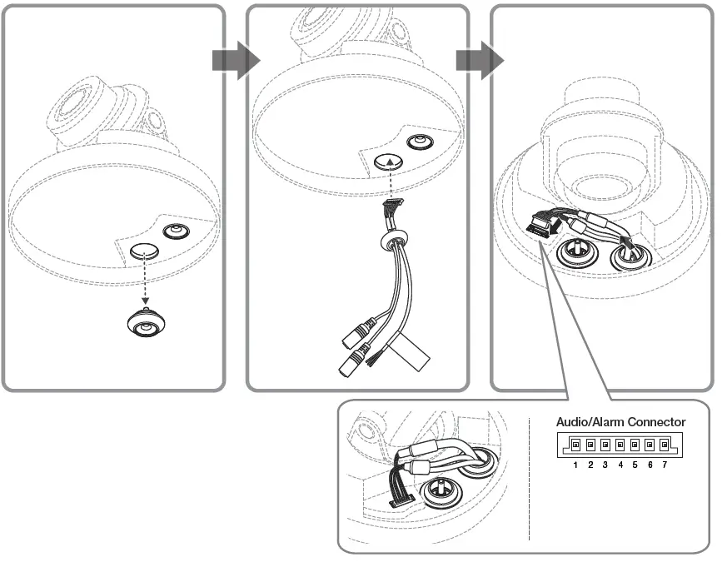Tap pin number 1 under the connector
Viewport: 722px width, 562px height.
[575, 464]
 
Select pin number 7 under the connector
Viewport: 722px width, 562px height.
[664, 464]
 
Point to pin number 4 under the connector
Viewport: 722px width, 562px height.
[620, 464]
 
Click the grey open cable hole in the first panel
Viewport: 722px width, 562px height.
[145, 251]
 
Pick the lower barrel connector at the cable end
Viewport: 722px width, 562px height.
[353, 362]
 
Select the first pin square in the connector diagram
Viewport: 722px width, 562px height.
[575, 445]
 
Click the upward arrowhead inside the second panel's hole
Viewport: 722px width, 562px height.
[391, 163]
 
